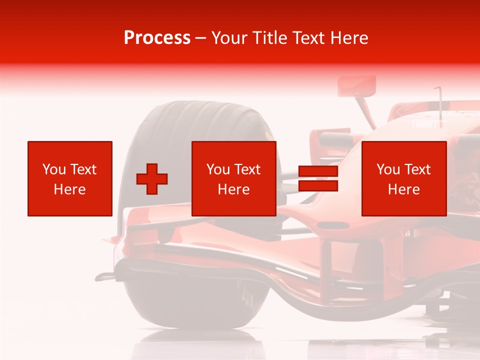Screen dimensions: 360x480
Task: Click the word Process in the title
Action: [157, 38]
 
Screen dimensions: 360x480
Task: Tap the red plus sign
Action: [152, 179]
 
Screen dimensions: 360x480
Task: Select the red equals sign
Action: [318, 179]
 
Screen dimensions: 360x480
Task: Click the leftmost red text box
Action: [69, 178]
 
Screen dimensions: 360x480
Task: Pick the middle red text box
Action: [233, 178]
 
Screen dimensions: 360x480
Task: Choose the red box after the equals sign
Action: [403, 178]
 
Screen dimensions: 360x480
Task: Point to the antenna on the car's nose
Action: [439, 100]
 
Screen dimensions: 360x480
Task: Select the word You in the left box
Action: [53, 169]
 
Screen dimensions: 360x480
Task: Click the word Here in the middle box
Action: [233, 189]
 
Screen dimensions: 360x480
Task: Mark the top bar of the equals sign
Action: [318, 171]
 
